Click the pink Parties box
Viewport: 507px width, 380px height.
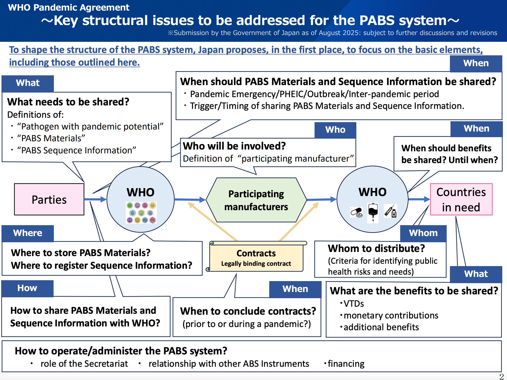(x=49, y=199)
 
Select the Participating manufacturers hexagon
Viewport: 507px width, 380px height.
(x=256, y=200)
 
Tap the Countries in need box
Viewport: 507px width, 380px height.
(x=461, y=199)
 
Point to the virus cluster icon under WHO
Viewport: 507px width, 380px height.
(x=141, y=213)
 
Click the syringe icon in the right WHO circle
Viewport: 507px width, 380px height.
(x=390, y=211)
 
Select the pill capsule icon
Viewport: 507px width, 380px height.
(x=356, y=212)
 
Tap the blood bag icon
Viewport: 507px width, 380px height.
(x=373, y=212)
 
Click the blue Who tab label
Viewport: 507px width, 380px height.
(x=335, y=130)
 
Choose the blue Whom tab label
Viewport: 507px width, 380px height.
(x=423, y=233)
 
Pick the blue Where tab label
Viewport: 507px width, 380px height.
(x=28, y=233)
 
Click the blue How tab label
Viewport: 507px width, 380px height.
(x=27, y=288)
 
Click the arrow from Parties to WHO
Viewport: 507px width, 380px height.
(x=95, y=199)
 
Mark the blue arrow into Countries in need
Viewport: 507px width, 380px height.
(x=419, y=199)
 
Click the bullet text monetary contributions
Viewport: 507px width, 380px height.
(x=391, y=316)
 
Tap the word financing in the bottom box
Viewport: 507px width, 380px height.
(x=346, y=364)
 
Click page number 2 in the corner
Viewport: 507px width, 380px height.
(x=501, y=376)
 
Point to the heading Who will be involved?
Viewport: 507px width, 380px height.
(x=234, y=146)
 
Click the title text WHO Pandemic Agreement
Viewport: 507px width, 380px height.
(x=69, y=7)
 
